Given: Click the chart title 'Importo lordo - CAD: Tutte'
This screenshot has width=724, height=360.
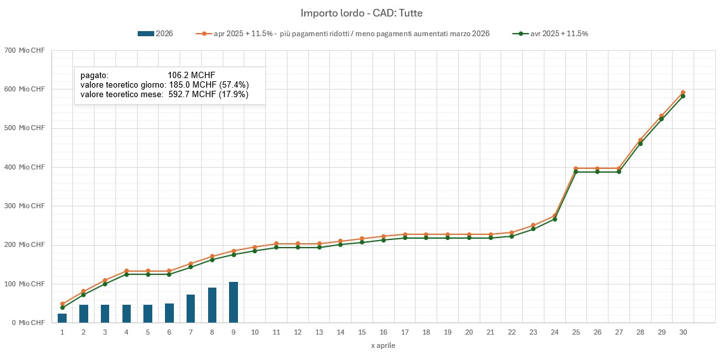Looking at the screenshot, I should point(362,13).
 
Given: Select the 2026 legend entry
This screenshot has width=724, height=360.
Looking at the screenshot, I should point(155,34).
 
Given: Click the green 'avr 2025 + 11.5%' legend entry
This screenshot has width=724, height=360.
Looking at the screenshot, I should point(551,34).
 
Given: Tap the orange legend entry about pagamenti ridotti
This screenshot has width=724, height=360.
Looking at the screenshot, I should point(343,34).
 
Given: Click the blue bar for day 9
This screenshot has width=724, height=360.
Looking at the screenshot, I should point(234,302).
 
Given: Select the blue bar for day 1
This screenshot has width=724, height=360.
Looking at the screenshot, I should point(62,318).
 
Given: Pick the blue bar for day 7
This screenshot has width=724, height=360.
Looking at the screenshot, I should point(190,309).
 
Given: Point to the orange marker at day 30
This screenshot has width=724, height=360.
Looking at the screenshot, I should point(683,93).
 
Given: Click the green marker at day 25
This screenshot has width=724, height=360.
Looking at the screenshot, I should point(576,172).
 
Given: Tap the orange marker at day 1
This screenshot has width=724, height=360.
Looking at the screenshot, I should point(62,304).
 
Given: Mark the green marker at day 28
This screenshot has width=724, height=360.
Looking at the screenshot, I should point(640,143).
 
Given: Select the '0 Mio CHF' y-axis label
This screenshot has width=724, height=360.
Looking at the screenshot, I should point(27,323).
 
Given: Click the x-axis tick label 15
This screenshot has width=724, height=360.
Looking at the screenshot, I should point(362,332).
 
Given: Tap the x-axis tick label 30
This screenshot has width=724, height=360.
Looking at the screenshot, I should point(683,332).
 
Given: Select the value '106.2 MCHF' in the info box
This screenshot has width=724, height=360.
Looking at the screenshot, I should point(192,75).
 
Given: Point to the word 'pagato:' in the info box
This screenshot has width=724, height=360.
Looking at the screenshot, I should point(95,75).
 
